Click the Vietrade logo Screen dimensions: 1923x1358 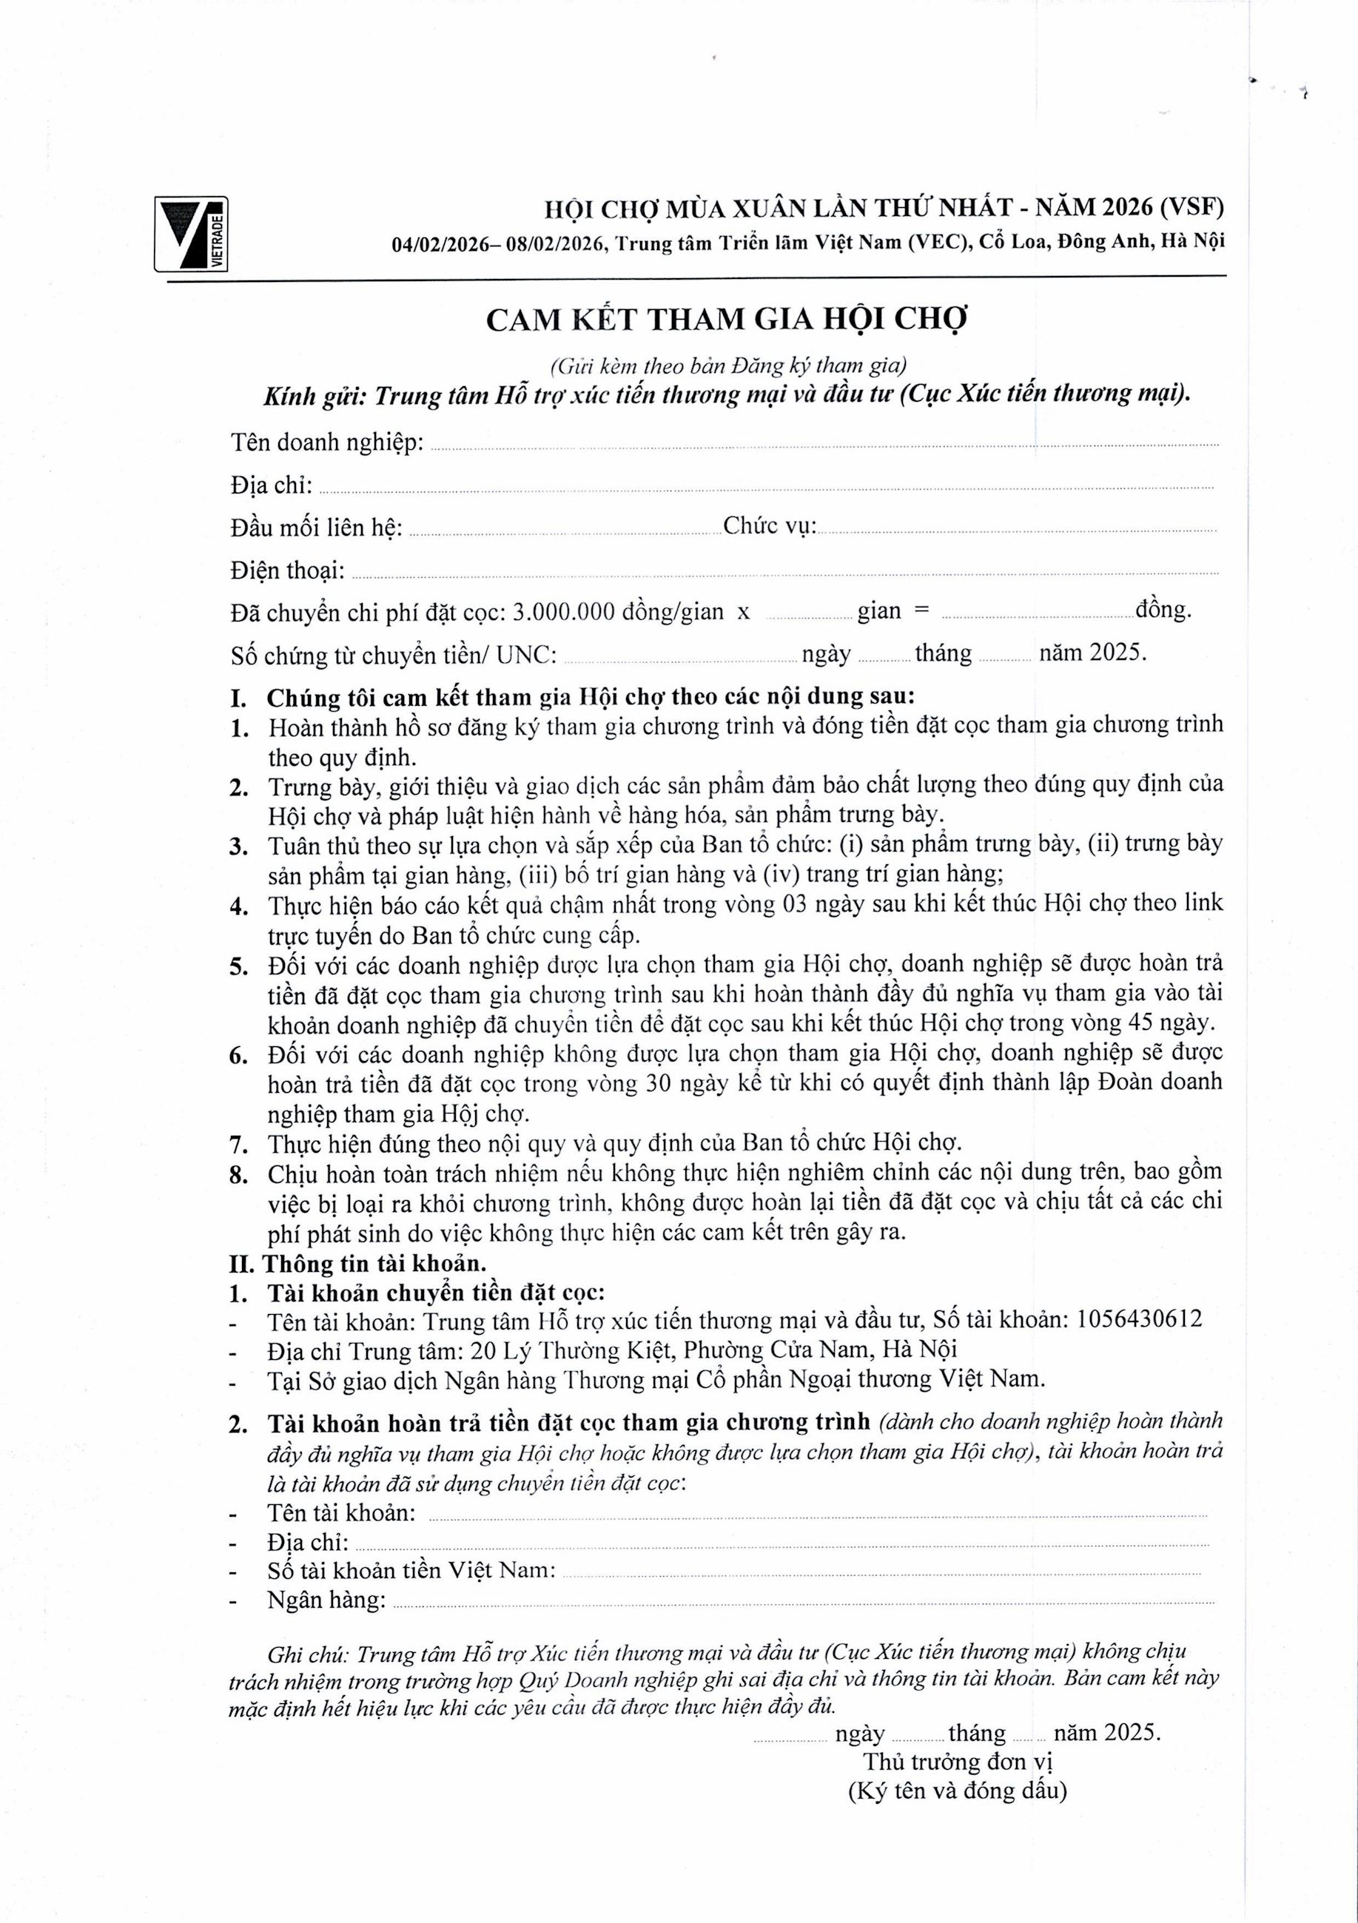191,234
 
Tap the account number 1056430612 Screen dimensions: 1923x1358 1140,1319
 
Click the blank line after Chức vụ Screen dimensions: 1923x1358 1015,529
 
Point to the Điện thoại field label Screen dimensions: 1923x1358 287,571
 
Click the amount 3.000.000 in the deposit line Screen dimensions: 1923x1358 563,612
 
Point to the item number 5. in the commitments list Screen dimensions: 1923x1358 239,966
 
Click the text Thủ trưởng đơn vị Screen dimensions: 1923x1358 958,1762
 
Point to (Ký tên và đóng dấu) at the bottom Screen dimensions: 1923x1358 957,1791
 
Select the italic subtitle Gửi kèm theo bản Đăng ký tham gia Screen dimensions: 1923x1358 728,366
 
